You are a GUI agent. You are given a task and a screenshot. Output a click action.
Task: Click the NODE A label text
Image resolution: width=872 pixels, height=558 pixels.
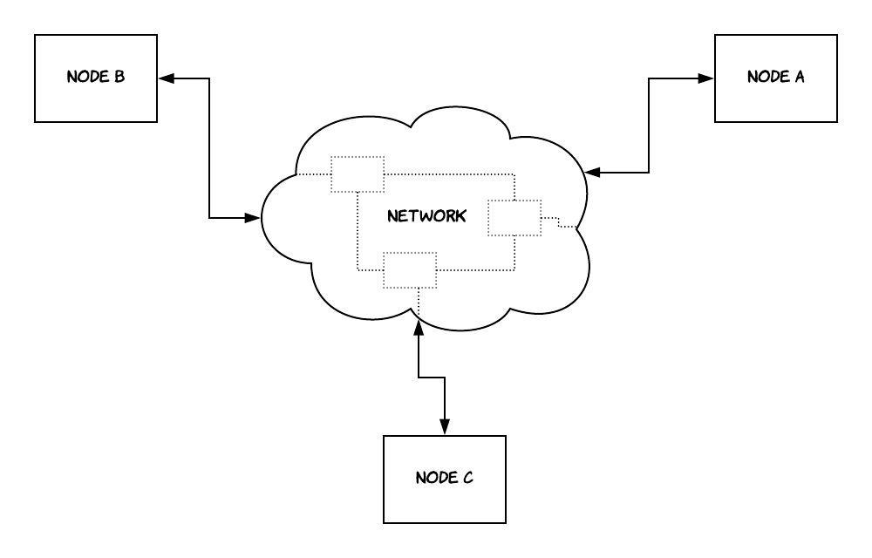[775, 77]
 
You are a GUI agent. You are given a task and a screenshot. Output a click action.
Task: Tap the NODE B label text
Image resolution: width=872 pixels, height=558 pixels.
[96, 77]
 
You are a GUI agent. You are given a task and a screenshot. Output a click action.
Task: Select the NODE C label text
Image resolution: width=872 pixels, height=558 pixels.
[444, 478]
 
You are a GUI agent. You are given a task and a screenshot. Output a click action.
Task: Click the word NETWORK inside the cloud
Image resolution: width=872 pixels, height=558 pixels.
[426, 216]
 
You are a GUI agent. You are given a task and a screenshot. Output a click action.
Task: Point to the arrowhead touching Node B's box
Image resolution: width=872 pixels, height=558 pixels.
[166, 78]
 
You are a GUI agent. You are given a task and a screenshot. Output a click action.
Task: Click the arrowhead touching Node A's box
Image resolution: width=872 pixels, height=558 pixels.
[706, 78]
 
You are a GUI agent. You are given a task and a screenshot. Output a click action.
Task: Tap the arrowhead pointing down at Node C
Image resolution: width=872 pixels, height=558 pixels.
[445, 427]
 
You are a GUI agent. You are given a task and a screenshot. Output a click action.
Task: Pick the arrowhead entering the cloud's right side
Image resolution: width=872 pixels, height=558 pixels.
[593, 173]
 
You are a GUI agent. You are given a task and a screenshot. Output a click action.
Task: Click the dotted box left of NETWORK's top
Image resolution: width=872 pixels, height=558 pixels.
[358, 174]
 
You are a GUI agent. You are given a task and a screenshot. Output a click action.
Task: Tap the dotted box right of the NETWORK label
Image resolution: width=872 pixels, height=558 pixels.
[514, 217]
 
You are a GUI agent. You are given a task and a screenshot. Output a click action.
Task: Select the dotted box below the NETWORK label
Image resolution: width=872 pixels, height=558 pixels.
[410, 270]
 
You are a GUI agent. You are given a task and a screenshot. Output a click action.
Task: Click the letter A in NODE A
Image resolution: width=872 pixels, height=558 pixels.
[799, 77]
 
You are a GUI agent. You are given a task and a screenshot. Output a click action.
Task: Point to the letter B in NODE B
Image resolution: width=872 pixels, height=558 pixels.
[119, 77]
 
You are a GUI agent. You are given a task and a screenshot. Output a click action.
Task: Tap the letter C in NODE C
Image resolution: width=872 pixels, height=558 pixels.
[467, 478]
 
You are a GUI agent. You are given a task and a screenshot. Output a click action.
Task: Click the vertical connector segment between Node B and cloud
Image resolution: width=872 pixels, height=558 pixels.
[210, 148]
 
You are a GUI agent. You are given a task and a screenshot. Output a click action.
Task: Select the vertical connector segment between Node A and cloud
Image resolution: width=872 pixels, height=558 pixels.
[650, 126]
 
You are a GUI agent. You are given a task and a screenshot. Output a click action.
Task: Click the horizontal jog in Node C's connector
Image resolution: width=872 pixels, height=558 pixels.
[432, 377]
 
